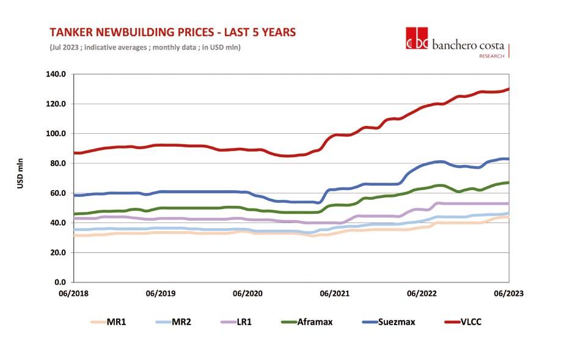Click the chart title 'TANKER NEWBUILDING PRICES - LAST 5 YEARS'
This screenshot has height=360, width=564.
pos(173,32)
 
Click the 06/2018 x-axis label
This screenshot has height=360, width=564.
pos(73,293)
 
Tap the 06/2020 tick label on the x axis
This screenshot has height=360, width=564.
pos(245,293)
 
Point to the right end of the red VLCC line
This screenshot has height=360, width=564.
pos(508,89)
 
